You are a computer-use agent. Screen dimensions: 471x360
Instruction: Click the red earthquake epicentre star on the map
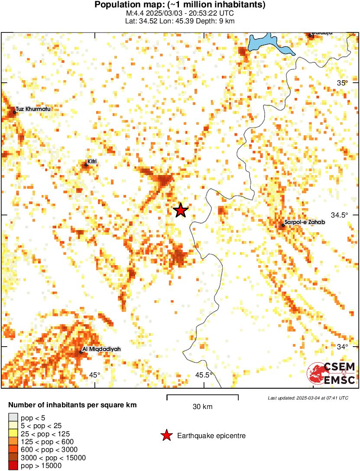tap(181, 210)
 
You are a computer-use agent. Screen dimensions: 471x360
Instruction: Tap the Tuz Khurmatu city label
tap(33, 109)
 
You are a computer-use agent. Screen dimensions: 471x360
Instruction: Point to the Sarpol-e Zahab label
tap(304, 222)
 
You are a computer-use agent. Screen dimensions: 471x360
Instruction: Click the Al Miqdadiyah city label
tap(102, 349)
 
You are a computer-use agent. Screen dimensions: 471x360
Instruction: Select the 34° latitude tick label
tap(343, 347)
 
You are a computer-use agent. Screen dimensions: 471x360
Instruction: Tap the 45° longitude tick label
tap(94, 375)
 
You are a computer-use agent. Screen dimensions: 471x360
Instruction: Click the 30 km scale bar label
tap(202, 407)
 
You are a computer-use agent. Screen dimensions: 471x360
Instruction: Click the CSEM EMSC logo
tap(331, 374)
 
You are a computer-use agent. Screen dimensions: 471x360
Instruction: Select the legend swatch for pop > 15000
tap(13, 466)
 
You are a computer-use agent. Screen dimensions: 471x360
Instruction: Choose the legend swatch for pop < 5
tap(13, 418)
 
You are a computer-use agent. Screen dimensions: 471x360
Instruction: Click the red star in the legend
tap(166, 435)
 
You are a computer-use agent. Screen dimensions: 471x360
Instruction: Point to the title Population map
tap(180, 5)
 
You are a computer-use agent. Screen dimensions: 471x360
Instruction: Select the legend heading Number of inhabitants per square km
tap(73, 406)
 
